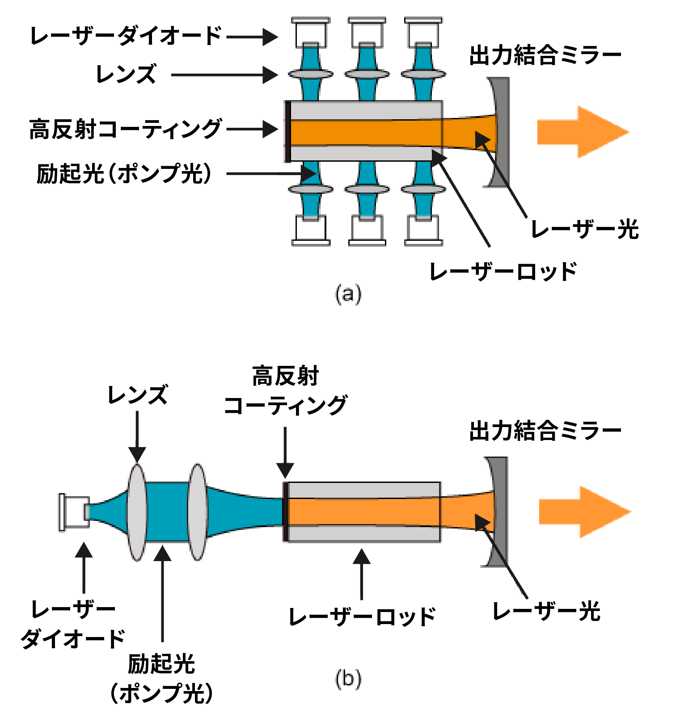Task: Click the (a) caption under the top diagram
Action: click(x=348, y=294)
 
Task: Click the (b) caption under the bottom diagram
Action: click(x=348, y=679)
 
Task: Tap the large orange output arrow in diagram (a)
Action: click(x=581, y=132)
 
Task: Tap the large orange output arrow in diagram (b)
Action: click(x=583, y=512)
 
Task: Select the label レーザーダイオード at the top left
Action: click(x=126, y=36)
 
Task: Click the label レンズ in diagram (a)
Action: click(x=126, y=74)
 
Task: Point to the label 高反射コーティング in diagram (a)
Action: click(x=126, y=130)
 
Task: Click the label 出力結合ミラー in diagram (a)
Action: click(x=545, y=55)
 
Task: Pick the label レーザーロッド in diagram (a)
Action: click(x=503, y=272)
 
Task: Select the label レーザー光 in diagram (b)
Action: click(x=546, y=611)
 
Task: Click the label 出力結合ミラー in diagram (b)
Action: click(x=545, y=431)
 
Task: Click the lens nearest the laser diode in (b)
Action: click(x=137, y=512)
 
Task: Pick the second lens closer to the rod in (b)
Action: click(x=197, y=512)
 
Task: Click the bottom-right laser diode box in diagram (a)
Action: click(x=423, y=230)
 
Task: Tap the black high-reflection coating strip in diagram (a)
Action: click(x=288, y=131)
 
